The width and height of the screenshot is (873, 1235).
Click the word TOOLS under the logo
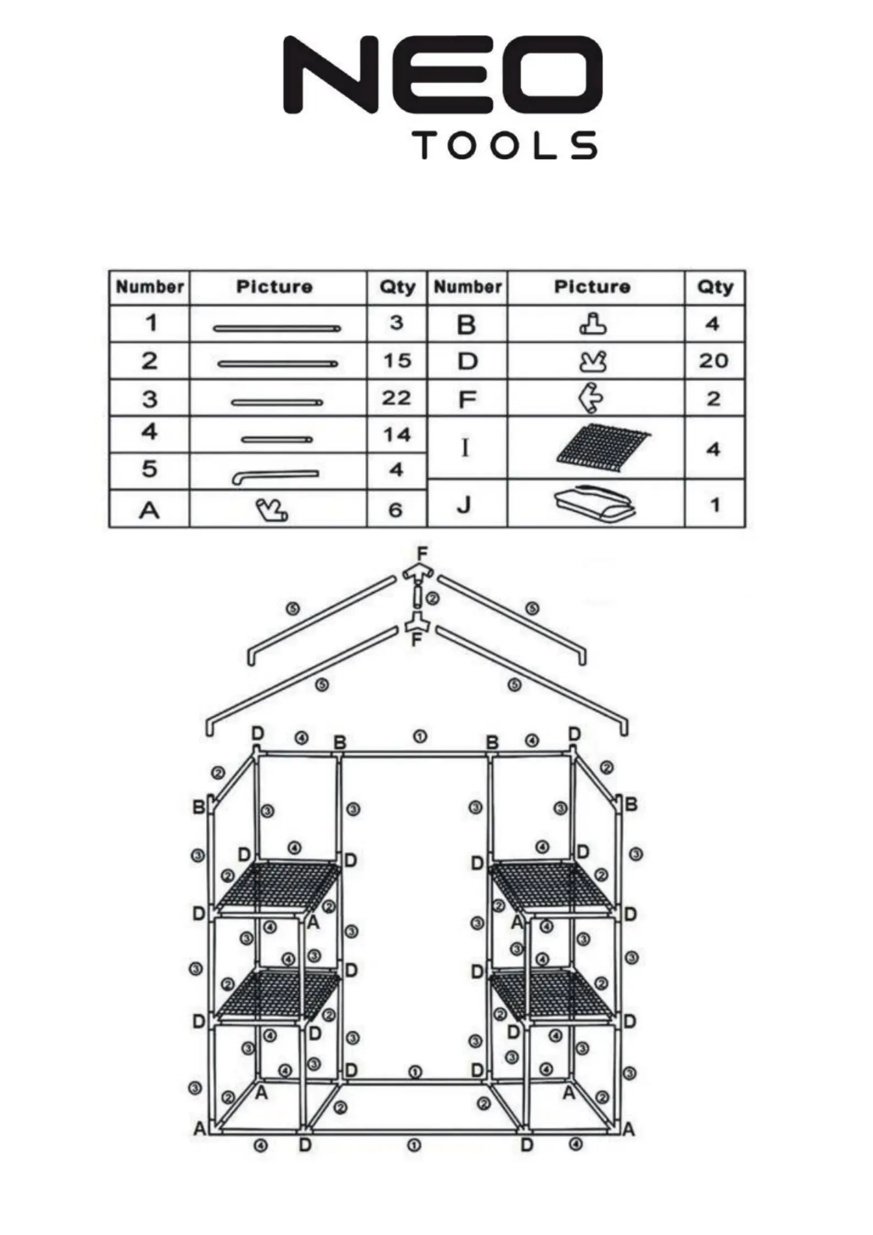pos(506,146)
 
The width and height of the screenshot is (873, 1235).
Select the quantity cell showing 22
pos(397,398)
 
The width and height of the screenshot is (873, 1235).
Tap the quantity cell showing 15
pos(397,361)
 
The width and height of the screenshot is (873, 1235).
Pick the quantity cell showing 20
pos(713,361)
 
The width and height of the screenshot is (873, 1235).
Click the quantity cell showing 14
pos(397,435)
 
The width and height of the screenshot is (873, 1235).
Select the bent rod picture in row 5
pos(275,476)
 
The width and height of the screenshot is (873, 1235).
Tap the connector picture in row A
pos(271,511)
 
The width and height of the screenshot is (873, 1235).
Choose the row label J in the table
pos(464,504)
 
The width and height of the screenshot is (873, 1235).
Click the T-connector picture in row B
pos(593,325)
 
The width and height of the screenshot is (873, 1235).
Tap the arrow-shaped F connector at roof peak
pos(418,574)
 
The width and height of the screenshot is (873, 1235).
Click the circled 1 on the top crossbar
pos(420,737)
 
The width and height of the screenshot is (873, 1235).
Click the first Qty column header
pos(397,287)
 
